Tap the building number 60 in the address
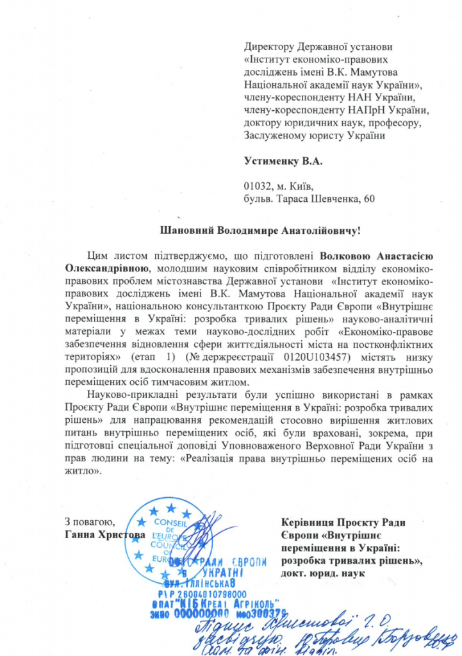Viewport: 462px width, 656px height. [x=368, y=199]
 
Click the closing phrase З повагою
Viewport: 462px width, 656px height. [x=90, y=521]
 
